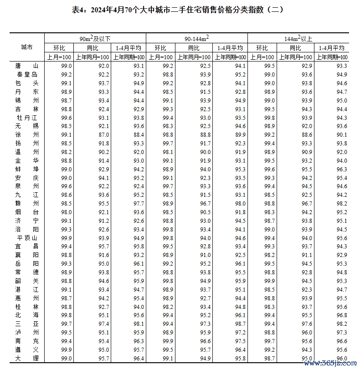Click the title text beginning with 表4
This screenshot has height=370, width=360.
(180, 9)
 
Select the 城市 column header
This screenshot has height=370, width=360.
(27, 47)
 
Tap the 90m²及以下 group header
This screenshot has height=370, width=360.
(95, 38)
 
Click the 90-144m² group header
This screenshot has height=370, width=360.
(197, 38)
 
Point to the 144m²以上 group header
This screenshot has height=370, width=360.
(298, 38)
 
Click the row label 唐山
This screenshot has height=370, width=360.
(27, 66)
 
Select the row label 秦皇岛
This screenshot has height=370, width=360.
(27, 75)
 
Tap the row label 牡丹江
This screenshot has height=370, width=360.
(27, 118)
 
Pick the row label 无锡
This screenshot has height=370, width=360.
(27, 126)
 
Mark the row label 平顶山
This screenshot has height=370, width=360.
(27, 238)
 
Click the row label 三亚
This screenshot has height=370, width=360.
(27, 324)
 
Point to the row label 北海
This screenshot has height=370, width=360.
(27, 315)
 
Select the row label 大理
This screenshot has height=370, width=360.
(27, 358)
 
